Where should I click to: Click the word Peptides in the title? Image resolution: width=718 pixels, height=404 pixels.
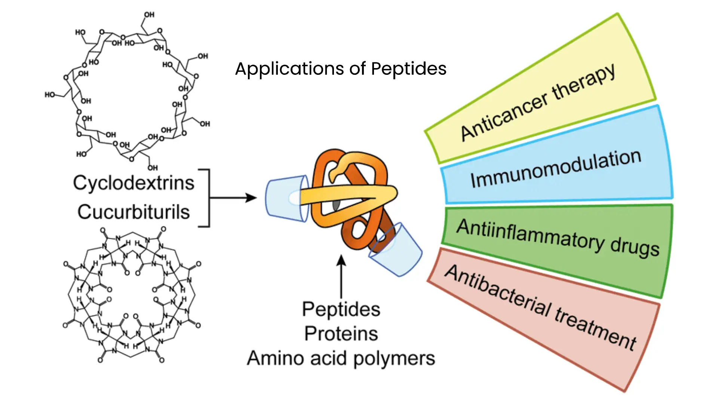click(409, 69)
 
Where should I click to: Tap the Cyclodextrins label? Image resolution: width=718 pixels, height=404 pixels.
click(134, 183)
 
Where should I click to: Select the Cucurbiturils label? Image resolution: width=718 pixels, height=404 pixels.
click(134, 212)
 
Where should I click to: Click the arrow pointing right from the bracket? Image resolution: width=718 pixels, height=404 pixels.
click(234, 198)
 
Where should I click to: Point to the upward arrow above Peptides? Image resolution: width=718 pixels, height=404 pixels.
click(341, 277)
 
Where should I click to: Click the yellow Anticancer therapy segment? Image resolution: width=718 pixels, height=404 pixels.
click(538, 101)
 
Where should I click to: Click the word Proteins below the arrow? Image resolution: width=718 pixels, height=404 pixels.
click(341, 334)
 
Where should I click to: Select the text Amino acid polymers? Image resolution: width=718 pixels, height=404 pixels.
click(341, 358)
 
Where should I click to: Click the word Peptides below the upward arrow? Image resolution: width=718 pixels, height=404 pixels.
click(341, 309)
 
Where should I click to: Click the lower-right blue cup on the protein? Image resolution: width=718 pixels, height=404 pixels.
click(396, 251)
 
